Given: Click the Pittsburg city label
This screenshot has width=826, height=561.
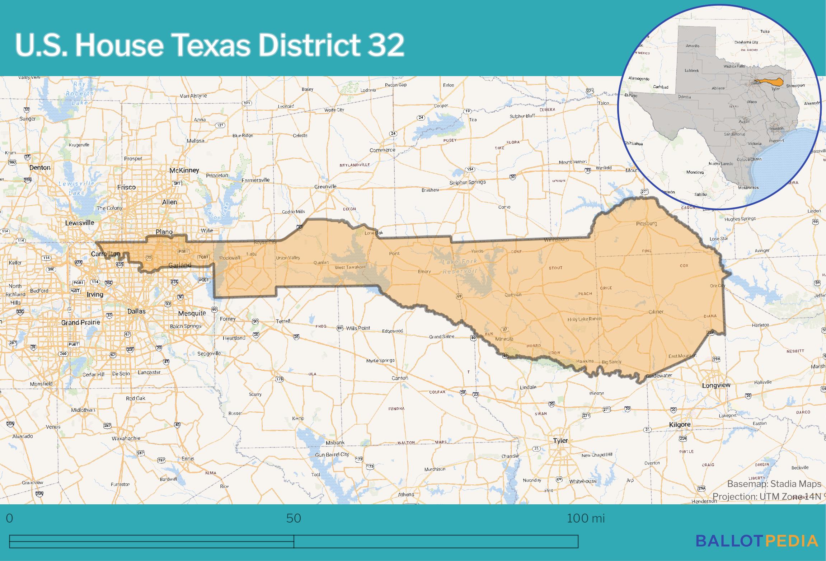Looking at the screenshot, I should tap(646, 224).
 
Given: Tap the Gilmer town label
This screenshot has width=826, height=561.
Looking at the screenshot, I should tap(656, 312).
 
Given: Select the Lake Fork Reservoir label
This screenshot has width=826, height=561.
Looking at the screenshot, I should tap(460, 266).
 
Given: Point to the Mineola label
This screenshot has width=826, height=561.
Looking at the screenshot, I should tap(504, 339).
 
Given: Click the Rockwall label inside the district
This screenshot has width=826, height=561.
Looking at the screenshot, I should tap(230, 258).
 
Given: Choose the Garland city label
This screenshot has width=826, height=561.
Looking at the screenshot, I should tap(180, 265).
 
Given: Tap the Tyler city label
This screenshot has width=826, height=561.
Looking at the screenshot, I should tap(560, 440).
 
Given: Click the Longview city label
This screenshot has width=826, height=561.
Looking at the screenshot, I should tap(716, 385).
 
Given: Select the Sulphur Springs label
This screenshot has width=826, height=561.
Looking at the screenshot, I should tap(467, 182).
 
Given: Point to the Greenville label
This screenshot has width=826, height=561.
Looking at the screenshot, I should tap(325, 187).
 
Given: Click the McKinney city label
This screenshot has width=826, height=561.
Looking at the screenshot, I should tap(184, 170).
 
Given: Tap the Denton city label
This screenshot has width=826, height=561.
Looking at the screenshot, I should tap(40, 168).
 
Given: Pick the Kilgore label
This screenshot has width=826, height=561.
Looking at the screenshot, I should tap(680, 425).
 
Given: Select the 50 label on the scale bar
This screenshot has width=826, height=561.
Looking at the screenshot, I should tap(293, 518).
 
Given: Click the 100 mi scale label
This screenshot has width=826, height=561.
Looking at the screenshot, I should tap(585, 518).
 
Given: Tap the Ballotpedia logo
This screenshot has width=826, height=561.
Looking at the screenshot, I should tap(757, 541).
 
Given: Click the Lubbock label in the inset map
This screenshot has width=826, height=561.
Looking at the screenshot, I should tap(691, 70).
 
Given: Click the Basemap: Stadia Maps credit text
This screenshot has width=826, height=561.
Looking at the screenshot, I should tap(774, 484).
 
